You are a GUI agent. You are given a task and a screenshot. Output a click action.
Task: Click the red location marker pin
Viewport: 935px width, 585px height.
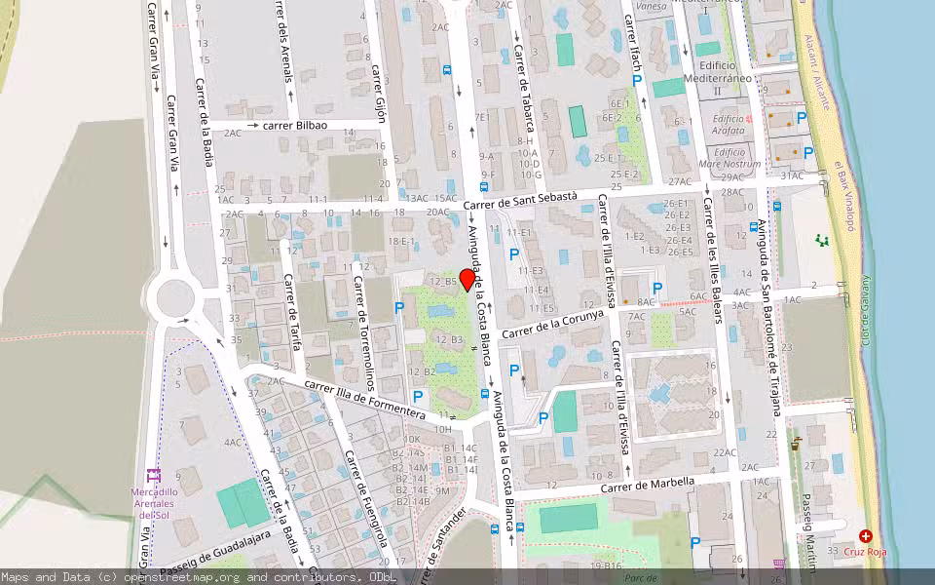(467, 280)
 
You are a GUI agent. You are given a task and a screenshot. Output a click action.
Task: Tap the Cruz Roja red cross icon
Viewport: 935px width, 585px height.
(866, 536)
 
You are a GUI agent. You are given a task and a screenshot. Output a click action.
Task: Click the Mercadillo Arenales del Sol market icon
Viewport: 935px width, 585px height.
(153, 476)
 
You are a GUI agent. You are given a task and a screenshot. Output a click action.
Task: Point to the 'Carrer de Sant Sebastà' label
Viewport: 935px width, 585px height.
(520, 201)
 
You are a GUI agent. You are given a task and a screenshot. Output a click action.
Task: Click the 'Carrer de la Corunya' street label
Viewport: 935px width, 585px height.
(553, 325)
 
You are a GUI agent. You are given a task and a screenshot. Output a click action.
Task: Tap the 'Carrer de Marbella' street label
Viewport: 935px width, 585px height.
(648, 484)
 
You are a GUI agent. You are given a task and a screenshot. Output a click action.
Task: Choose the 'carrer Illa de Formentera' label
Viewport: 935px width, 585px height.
(364, 401)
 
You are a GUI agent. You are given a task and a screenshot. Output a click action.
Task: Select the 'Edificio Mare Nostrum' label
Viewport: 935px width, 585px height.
(736, 158)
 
